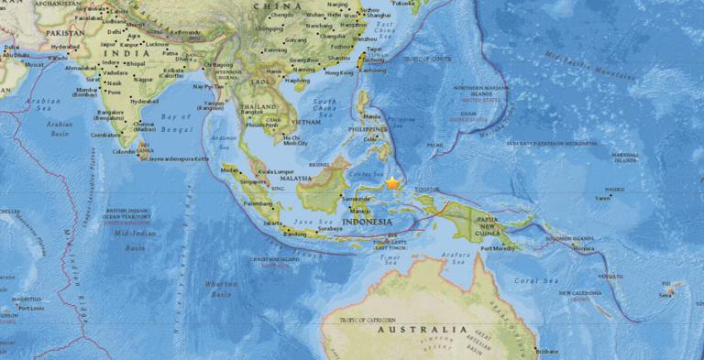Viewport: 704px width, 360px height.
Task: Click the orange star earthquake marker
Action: (392, 183)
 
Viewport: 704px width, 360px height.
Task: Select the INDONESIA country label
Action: (366, 222)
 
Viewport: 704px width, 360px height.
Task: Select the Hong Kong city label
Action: (339, 72)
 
